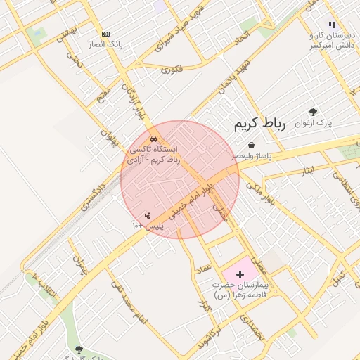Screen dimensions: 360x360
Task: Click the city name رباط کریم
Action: pyautogui.click(x=259, y=124)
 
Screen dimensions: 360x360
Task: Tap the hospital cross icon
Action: pyautogui.click(x=240, y=274)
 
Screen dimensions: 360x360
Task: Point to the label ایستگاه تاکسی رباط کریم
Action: pyautogui.click(x=154, y=155)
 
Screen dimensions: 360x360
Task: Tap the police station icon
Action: pyautogui.click(x=148, y=215)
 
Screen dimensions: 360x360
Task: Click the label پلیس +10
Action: pyautogui.click(x=148, y=226)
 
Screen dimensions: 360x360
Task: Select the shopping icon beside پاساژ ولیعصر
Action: pyautogui.click(x=251, y=145)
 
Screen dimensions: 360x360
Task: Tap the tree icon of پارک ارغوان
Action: pyautogui.click(x=313, y=111)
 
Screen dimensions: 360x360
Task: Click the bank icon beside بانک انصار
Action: pyautogui.click(x=105, y=34)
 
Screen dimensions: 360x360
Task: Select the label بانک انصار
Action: pyautogui.click(x=105, y=44)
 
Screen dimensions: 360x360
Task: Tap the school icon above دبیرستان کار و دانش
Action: pyautogui.click(x=332, y=25)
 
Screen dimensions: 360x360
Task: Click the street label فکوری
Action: pyautogui.click(x=172, y=69)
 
